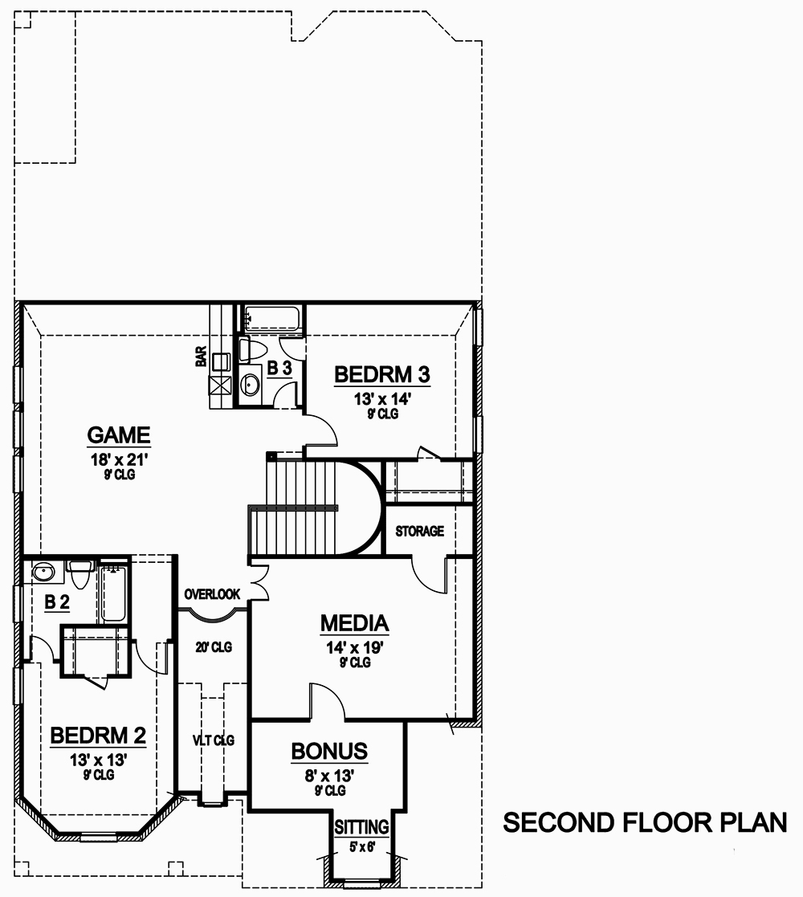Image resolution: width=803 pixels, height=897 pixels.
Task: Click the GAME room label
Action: tap(119, 435)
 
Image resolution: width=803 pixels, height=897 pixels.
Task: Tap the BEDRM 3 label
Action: tap(382, 374)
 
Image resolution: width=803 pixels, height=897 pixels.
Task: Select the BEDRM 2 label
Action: tap(98, 735)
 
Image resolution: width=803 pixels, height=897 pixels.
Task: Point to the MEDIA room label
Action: tap(354, 622)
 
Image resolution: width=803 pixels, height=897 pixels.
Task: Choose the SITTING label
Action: tap(361, 826)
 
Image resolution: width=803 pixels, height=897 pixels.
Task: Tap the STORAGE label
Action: tap(419, 532)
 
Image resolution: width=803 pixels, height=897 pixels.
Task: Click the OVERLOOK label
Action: tap(212, 594)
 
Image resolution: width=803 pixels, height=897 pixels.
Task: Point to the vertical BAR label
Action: tap(201, 357)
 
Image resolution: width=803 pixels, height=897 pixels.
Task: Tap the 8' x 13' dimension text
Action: tap(329, 775)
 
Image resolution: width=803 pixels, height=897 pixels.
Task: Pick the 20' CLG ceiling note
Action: tap(214, 647)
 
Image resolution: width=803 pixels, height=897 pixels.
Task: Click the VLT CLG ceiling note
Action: tap(214, 740)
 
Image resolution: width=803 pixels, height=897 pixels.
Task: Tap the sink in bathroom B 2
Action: tap(43, 572)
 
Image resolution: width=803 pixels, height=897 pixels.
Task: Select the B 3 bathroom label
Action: tap(279, 368)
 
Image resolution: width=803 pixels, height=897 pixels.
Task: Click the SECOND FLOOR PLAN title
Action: tap(644, 823)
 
